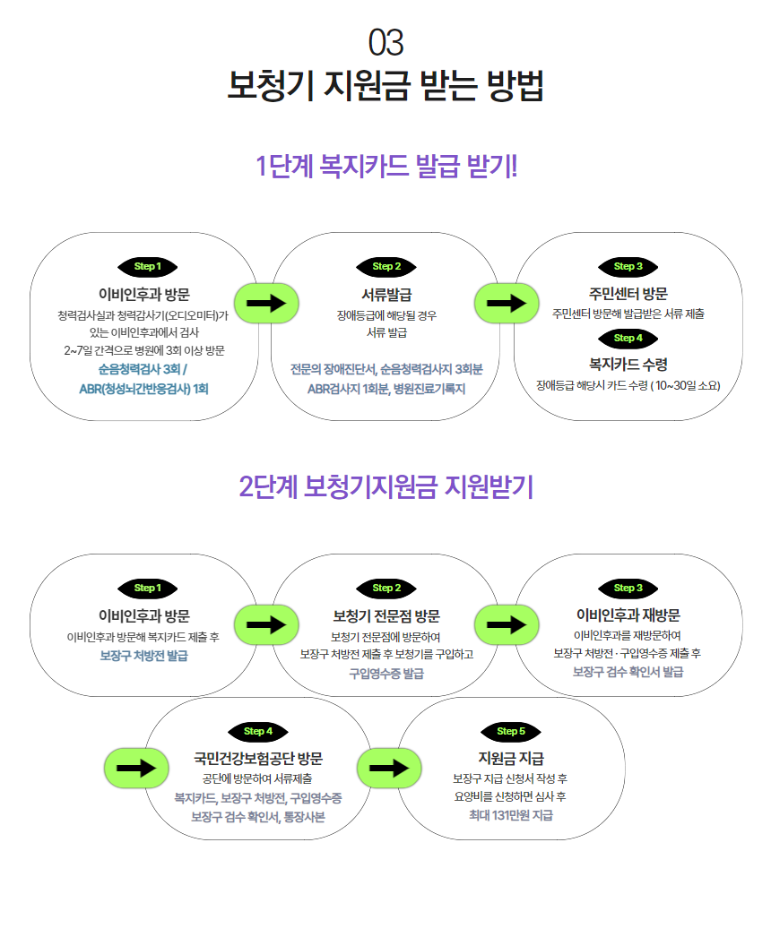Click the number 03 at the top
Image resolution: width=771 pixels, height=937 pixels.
pyautogui.click(x=385, y=43)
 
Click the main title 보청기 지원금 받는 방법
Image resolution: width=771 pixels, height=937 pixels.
pyautogui.click(x=385, y=85)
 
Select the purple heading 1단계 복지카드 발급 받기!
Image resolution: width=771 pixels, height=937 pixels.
pyautogui.click(x=385, y=166)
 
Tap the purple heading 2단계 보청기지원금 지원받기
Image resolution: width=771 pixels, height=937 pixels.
pyautogui.click(x=385, y=486)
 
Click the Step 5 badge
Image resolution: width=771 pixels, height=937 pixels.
pyautogui.click(x=511, y=732)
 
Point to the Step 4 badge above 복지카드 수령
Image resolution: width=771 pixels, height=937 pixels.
pyautogui.click(x=628, y=339)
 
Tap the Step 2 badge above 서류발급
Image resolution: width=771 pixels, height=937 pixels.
pyautogui.click(x=386, y=267)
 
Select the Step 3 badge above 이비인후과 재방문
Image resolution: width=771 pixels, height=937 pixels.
pyautogui.click(x=628, y=588)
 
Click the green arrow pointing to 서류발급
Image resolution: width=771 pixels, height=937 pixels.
pyautogui.click(x=266, y=303)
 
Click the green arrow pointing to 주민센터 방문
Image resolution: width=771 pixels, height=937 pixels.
pyautogui.click(x=507, y=303)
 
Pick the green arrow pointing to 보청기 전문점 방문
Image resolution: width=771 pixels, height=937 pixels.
pyautogui.click(x=266, y=624)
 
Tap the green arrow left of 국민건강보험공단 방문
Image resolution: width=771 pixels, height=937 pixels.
pyautogui.click(x=136, y=768)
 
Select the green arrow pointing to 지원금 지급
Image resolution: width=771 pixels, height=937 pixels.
pyautogui.click(x=389, y=768)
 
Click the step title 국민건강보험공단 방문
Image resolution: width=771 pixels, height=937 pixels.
pyautogui.click(x=258, y=759)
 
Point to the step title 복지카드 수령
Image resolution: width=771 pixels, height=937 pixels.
pyautogui.click(x=628, y=364)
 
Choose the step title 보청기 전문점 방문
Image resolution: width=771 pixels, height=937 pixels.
pyautogui.click(x=386, y=616)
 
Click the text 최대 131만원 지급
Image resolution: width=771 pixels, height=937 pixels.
pyautogui.click(x=511, y=815)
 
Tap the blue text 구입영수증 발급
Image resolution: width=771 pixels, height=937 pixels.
pyautogui.click(x=386, y=674)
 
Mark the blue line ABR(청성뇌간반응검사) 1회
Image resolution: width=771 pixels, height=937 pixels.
pyautogui.click(x=143, y=389)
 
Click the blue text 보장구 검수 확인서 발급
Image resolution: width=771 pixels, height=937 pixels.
pyautogui.click(x=628, y=672)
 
